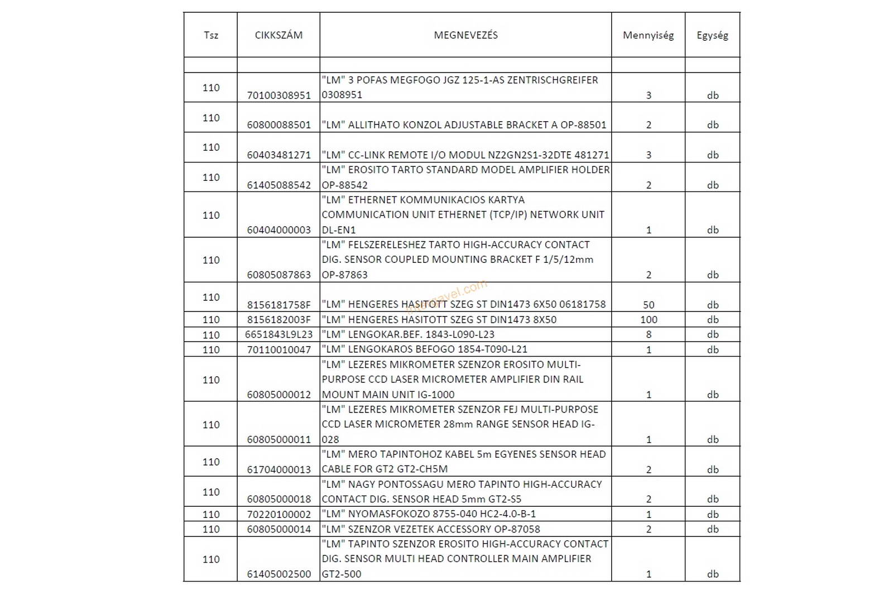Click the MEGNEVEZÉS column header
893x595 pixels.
(465, 35)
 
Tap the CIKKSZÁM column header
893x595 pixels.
(279, 35)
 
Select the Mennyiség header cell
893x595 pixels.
(648, 35)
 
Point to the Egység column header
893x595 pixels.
(712, 35)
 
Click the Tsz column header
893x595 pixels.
(211, 35)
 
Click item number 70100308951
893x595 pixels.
(279, 95)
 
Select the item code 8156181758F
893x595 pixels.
(279, 305)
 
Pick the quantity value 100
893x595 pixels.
(649, 320)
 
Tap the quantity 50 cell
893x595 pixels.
(649, 305)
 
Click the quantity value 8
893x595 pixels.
(649, 334)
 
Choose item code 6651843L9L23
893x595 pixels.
(279, 334)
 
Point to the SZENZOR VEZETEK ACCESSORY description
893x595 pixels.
(431, 529)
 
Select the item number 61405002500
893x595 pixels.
(279, 574)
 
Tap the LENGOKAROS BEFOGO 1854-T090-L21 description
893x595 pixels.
(424, 349)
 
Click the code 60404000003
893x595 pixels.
(279, 230)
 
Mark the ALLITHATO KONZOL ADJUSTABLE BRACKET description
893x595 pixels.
(464, 125)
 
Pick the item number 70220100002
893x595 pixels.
(279, 514)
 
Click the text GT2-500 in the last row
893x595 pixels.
(342, 574)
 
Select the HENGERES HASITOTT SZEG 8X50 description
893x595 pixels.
(439, 320)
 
